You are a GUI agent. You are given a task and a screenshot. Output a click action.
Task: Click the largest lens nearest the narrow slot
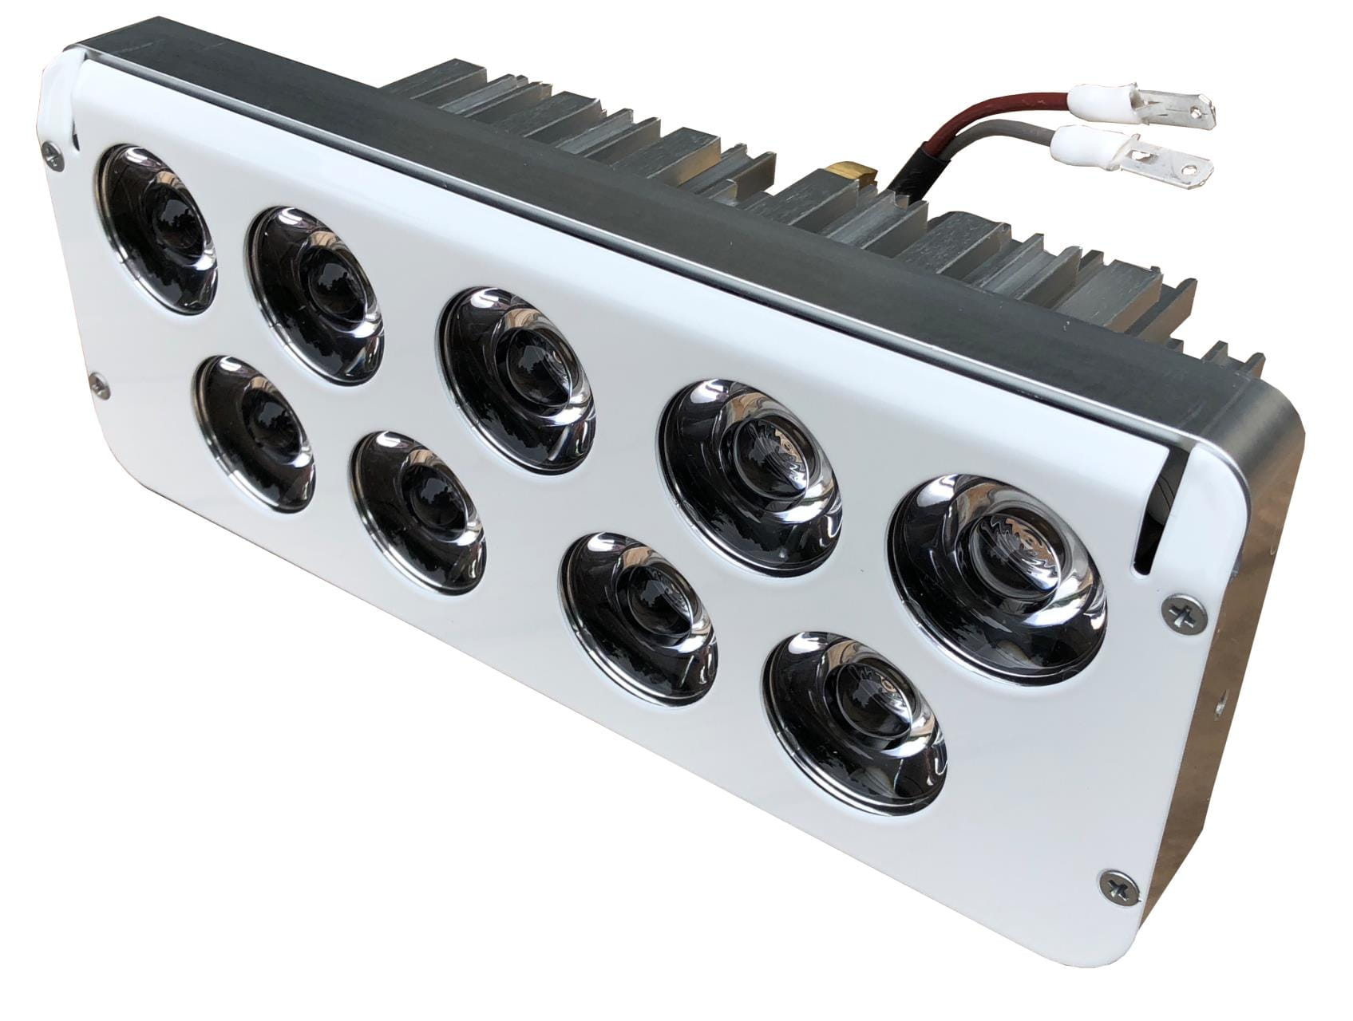[999, 578]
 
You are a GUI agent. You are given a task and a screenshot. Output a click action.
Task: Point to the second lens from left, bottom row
[420, 510]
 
